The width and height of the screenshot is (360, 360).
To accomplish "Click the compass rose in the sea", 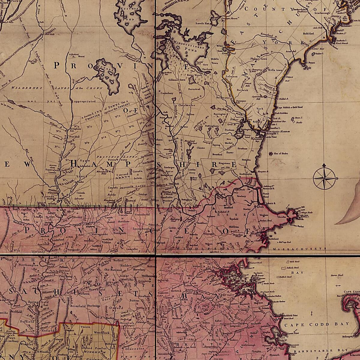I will [x=324, y=178].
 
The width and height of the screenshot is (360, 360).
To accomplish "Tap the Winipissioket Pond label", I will [x=190, y=45].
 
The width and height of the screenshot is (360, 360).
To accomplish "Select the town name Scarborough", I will [x=322, y=13].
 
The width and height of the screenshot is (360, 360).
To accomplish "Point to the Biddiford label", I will [x=308, y=34].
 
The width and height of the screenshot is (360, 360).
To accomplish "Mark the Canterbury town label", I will [x=167, y=93].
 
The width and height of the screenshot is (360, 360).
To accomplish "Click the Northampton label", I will [x=28, y=265].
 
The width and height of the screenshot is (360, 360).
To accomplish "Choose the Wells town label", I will [x=275, y=70].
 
